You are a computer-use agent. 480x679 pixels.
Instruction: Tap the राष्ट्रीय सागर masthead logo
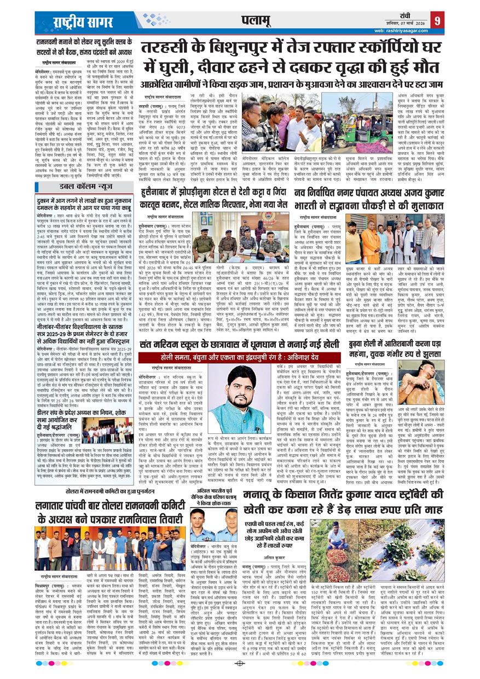[76, 21]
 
